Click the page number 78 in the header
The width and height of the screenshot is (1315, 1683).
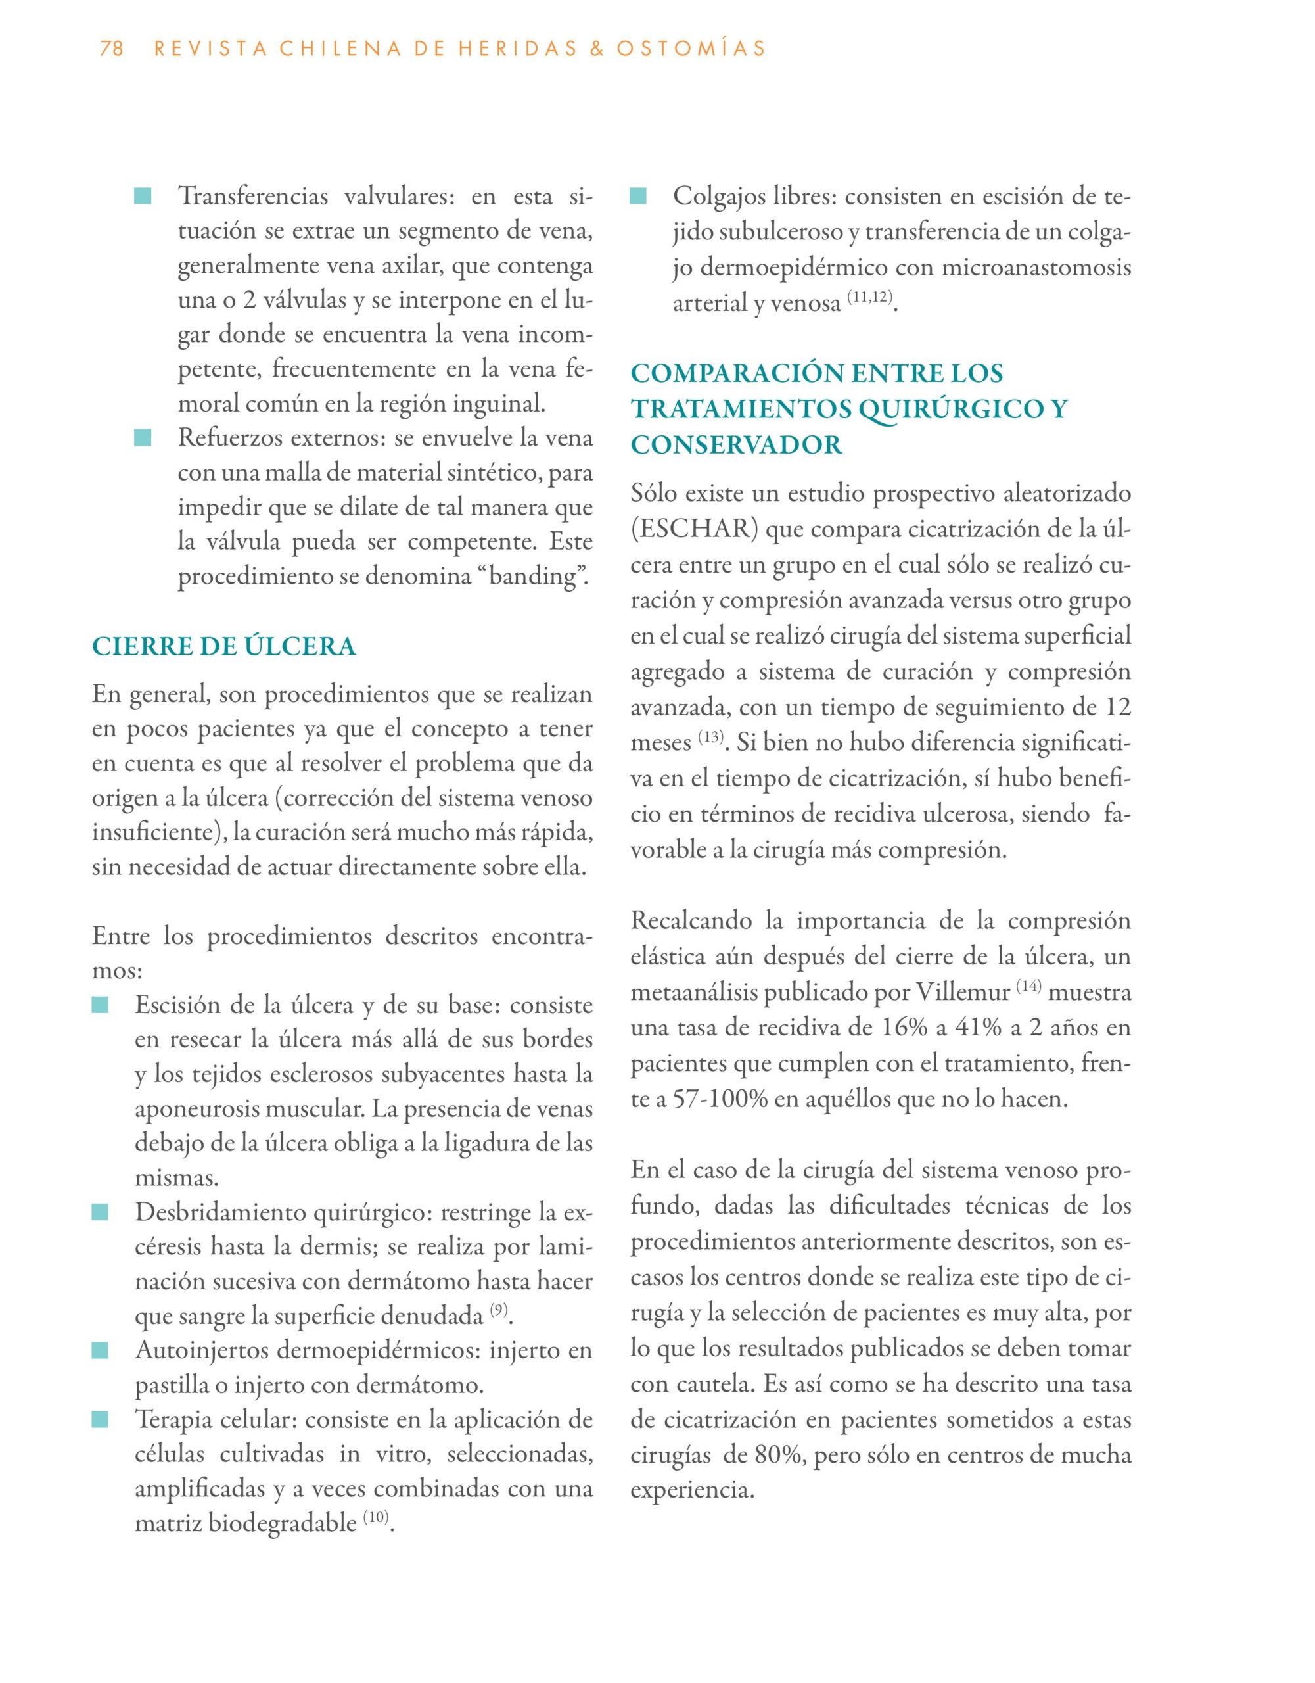[x=112, y=49]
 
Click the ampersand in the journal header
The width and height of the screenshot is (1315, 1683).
[x=594, y=49]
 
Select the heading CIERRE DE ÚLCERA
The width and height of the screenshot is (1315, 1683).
[x=223, y=646]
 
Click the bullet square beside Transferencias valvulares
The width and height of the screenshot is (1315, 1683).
[x=143, y=197]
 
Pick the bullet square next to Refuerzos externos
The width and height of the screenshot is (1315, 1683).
[x=143, y=439]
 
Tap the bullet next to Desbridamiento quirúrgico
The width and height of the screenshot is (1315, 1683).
[x=100, y=1213]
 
